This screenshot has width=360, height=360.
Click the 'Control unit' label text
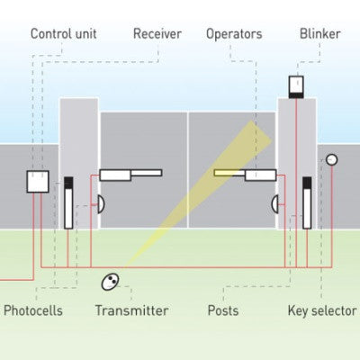pos(64,34)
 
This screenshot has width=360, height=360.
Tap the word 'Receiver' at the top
pos(157,34)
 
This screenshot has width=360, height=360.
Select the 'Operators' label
pos(234,34)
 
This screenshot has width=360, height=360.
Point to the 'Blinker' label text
pos(319,34)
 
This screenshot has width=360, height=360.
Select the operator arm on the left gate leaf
pos(130,174)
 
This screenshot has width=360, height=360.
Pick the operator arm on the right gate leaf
pos(244,174)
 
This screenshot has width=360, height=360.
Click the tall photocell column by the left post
pos(68,202)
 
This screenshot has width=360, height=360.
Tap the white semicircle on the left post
pos(100,203)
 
